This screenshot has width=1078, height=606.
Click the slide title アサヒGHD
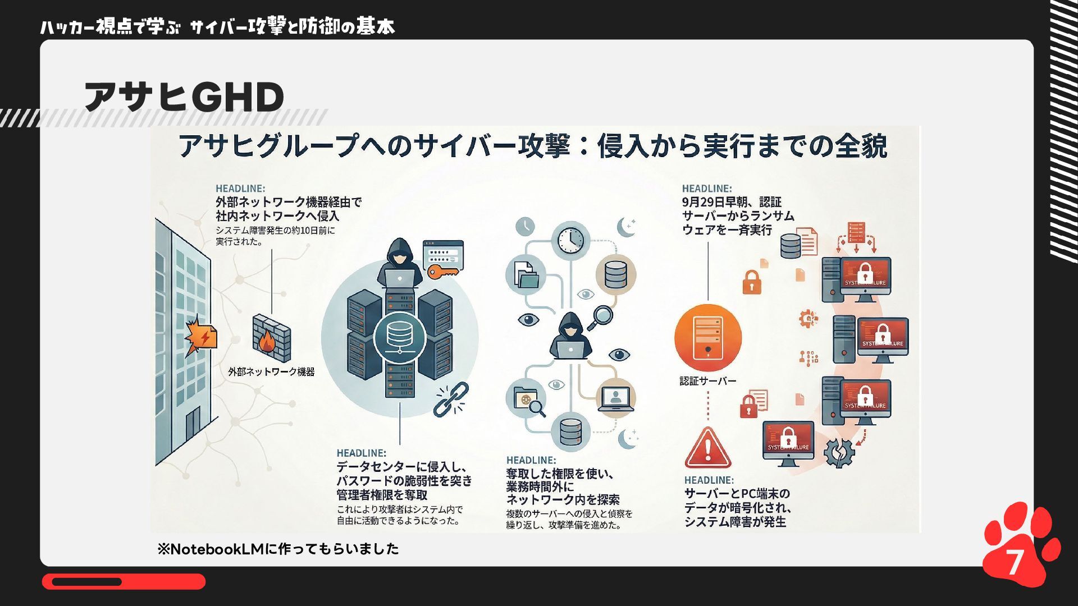click(184, 97)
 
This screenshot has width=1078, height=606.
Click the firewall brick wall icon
click(271, 338)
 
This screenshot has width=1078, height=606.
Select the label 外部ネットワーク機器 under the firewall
click(271, 371)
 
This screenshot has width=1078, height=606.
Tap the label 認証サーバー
click(707, 381)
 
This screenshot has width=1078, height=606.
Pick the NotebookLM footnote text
click(278, 549)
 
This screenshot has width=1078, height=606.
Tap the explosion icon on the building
click(201, 336)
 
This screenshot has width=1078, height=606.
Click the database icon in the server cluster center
click(399, 337)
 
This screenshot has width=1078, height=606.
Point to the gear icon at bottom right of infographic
click(838, 452)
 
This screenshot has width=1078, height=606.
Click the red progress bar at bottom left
click(124, 581)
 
